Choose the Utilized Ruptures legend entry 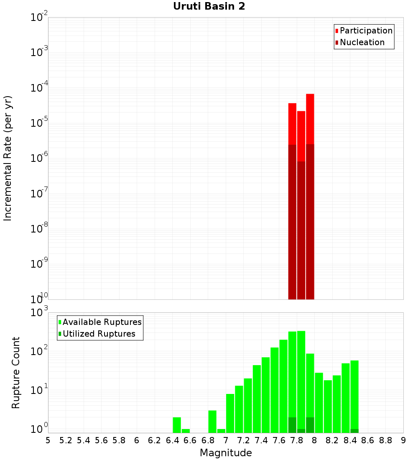(99, 334)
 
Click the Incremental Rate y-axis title (8, 158)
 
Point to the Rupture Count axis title (16, 373)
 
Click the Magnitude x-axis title (226, 453)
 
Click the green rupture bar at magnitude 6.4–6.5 (177, 425)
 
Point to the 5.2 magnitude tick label (66, 440)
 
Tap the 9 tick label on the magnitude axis (403, 440)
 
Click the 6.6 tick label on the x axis (190, 440)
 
